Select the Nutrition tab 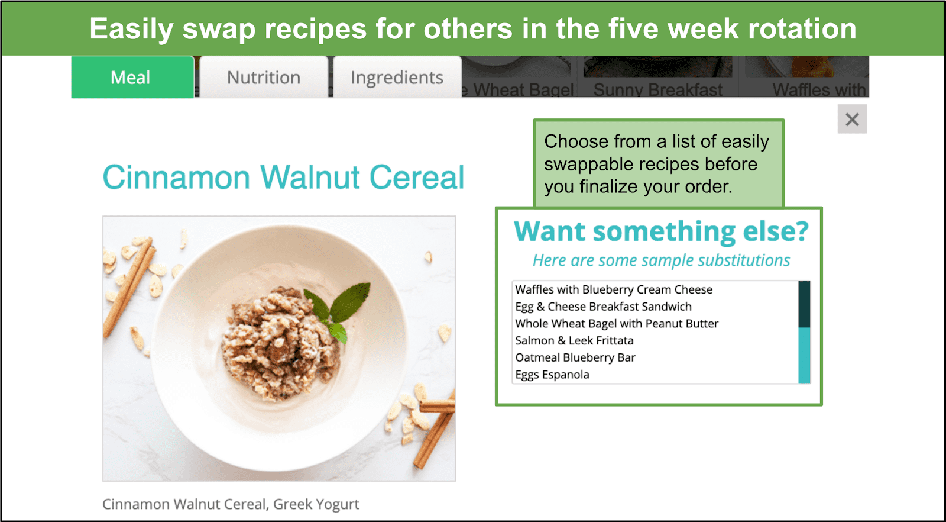264,78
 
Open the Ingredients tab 397,78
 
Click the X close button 852,119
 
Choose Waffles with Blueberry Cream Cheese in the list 614,289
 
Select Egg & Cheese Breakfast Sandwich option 604,307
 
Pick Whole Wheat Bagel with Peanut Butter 617,323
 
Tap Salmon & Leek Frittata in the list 574,340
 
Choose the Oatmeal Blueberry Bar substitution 575,357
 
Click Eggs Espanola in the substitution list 552,375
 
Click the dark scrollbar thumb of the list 804,304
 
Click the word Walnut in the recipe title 310,177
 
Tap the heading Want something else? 661,231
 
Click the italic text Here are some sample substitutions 661,260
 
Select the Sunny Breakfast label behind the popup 657,89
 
